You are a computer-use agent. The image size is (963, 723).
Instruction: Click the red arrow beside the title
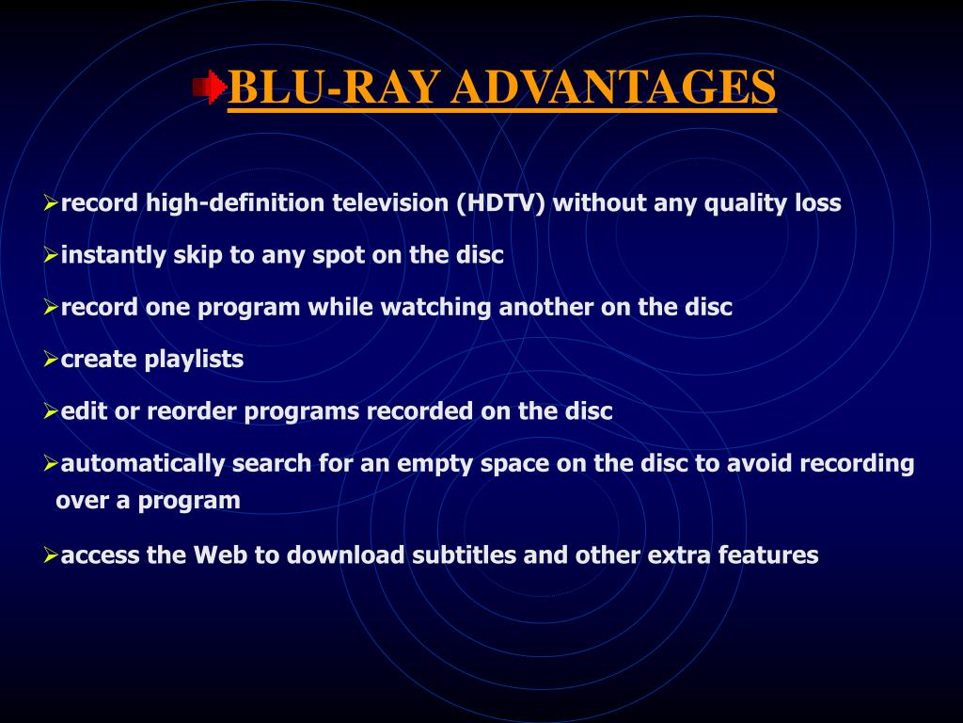tap(210, 87)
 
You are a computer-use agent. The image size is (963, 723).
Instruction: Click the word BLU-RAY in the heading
tap(334, 87)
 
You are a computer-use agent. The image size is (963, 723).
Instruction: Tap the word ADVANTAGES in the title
tap(613, 87)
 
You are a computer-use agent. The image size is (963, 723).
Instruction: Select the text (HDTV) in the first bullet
tap(500, 203)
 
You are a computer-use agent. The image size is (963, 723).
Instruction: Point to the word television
tap(390, 203)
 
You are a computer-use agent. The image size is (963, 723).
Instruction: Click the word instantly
tap(113, 255)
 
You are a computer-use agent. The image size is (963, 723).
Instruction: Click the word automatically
tap(143, 463)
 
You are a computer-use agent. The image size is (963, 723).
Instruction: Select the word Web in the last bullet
tap(220, 555)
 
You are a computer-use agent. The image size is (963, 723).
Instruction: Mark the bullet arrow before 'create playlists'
tap(51, 360)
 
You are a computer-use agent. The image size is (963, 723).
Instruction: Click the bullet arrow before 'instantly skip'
tap(51, 255)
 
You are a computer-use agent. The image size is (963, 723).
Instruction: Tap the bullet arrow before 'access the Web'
tap(51, 555)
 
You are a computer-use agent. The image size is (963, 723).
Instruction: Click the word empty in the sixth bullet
tap(434, 464)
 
